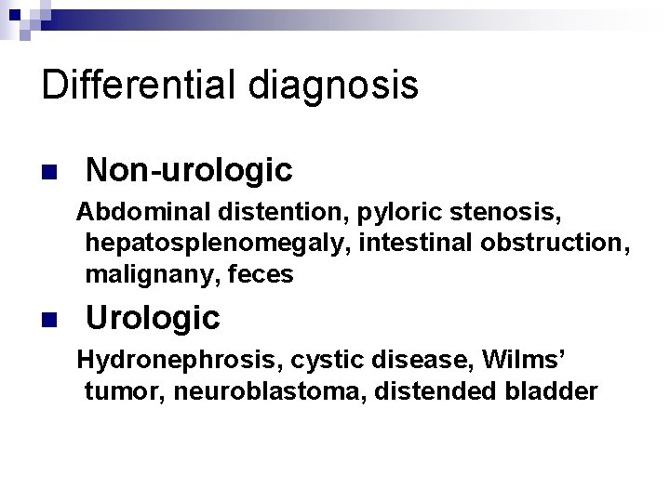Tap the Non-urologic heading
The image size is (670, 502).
click(x=189, y=169)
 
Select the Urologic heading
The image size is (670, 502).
click(x=153, y=318)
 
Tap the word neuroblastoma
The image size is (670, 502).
click(x=274, y=391)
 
